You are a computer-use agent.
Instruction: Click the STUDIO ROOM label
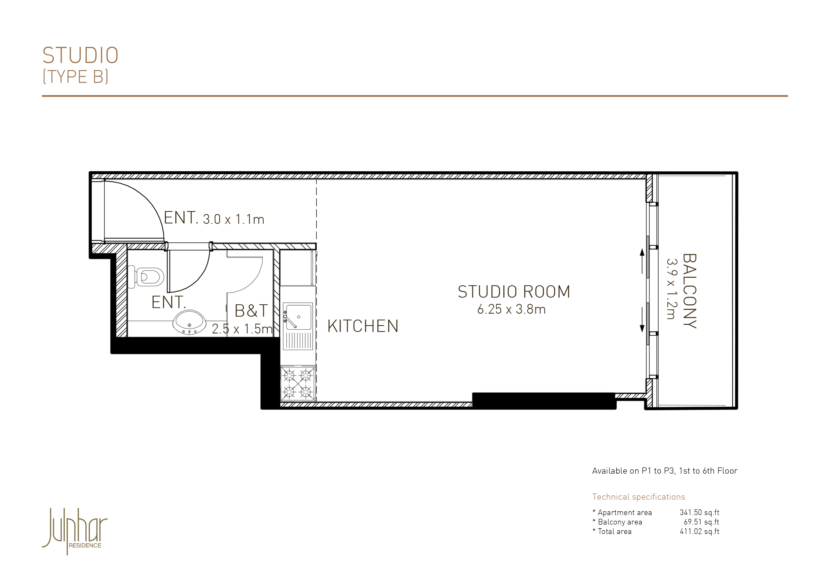click(514, 292)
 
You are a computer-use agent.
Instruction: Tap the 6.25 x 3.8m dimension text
click(511, 309)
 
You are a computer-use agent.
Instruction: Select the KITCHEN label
click(362, 326)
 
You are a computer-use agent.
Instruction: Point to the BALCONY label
click(689, 291)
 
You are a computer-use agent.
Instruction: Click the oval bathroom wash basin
click(190, 322)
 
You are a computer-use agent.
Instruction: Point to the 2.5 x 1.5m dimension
click(242, 329)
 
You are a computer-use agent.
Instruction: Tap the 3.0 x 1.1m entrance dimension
click(234, 219)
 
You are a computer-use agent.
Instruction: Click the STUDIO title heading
click(80, 55)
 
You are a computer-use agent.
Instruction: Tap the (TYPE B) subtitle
click(75, 77)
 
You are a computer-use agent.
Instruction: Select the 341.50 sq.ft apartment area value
click(699, 512)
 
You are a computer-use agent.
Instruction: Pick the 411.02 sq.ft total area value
click(699, 531)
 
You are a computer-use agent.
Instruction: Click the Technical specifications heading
click(638, 497)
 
